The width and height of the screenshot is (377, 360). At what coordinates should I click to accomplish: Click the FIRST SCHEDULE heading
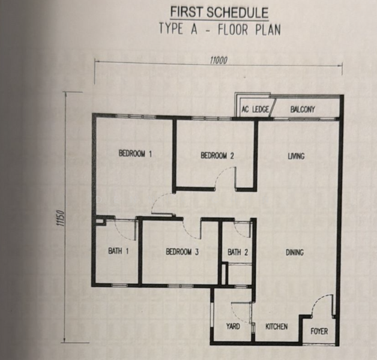tap(219, 13)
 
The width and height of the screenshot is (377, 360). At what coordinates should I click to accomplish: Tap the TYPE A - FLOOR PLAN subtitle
tap(220, 29)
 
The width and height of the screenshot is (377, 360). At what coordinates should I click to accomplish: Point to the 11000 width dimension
tap(219, 61)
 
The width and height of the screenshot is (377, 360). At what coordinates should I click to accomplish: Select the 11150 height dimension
tap(61, 218)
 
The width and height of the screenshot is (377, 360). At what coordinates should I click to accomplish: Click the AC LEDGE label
tap(255, 110)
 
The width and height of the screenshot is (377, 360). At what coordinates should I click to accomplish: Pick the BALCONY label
tap(303, 110)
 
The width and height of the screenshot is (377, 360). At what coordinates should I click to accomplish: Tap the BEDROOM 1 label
tap(135, 154)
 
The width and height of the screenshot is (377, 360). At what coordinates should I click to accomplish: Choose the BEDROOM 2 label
tap(217, 155)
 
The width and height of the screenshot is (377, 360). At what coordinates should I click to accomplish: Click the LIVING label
tap(296, 156)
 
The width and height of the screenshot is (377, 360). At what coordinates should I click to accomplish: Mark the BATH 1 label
tap(118, 251)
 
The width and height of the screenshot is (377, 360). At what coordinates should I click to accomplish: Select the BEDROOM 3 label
tap(182, 251)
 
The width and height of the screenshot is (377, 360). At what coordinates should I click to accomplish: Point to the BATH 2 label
tap(238, 252)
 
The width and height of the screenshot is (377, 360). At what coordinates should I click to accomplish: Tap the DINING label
tap(295, 253)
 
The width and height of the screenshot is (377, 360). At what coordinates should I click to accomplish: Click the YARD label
tap(233, 326)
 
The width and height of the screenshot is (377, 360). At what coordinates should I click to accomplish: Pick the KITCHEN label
tap(277, 326)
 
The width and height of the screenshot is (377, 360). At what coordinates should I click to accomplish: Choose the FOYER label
tap(319, 331)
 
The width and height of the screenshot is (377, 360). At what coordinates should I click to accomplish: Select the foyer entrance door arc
tap(317, 301)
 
